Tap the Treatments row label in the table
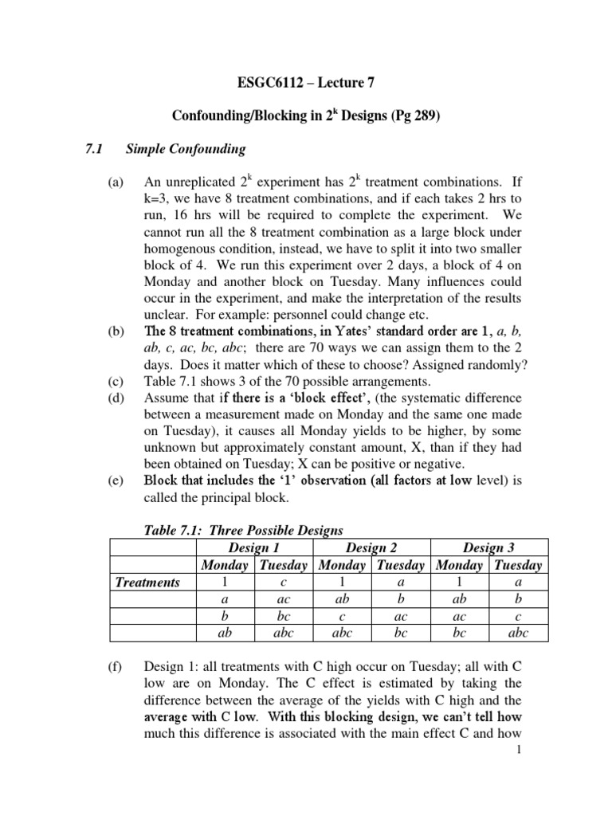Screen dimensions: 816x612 point(147,583)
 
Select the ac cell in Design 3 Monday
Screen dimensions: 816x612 point(460,616)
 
